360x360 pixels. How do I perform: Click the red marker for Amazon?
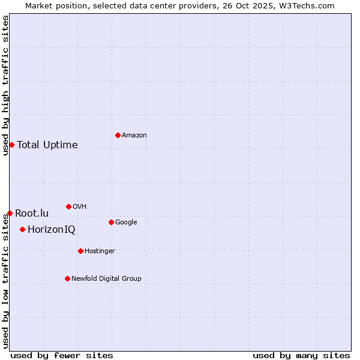(118, 135)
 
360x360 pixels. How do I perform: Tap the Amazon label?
(134, 136)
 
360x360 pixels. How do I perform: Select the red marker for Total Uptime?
(11, 145)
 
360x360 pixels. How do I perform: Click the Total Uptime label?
(47, 145)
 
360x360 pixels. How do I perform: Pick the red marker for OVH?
(68, 206)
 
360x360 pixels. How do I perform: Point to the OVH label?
(80, 207)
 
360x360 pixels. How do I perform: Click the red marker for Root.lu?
(10, 213)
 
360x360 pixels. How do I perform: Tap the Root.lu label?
(32, 214)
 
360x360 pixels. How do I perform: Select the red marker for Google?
(111, 222)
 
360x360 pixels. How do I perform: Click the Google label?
(126, 223)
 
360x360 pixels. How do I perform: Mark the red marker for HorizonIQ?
(22, 229)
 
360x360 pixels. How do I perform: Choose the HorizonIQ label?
(52, 230)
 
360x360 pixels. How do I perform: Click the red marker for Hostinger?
(80, 251)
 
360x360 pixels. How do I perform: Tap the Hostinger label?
(100, 251)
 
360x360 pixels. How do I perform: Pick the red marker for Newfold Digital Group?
(67, 278)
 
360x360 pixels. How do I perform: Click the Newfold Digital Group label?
(107, 279)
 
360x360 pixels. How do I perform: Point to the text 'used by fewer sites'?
(62, 355)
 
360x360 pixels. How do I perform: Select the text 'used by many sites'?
(301, 355)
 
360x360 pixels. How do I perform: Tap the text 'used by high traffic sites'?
(6, 85)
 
